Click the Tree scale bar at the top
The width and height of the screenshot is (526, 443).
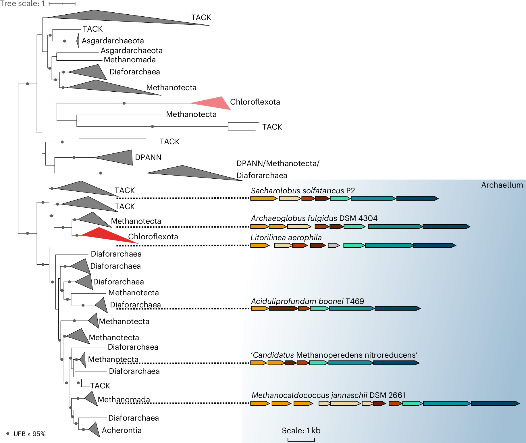[x=62, y=4]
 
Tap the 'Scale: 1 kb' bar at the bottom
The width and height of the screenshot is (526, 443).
[x=301, y=440]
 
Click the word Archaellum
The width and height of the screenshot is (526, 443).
[x=502, y=185]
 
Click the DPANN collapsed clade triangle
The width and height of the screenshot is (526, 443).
[x=118, y=157]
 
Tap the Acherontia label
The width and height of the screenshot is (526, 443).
[x=122, y=430]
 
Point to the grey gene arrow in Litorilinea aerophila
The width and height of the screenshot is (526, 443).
[x=334, y=245]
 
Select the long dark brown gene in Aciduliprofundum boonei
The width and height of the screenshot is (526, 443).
[x=283, y=308]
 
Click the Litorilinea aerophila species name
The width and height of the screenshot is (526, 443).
[x=286, y=238]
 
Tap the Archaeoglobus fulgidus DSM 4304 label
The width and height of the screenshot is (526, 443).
[x=314, y=218]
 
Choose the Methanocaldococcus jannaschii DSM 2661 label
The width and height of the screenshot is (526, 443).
[x=328, y=395]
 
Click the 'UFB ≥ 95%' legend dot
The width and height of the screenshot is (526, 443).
[x=8, y=434]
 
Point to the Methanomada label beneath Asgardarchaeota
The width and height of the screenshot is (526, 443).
[x=130, y=60]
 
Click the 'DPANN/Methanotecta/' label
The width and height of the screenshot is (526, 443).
[x=278, y=163]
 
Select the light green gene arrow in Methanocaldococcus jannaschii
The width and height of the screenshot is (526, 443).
[x=412, y=403]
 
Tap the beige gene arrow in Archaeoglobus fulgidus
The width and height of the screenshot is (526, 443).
[x=299, y=226]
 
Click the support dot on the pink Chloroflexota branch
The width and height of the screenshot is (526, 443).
[x=124, y=103]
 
